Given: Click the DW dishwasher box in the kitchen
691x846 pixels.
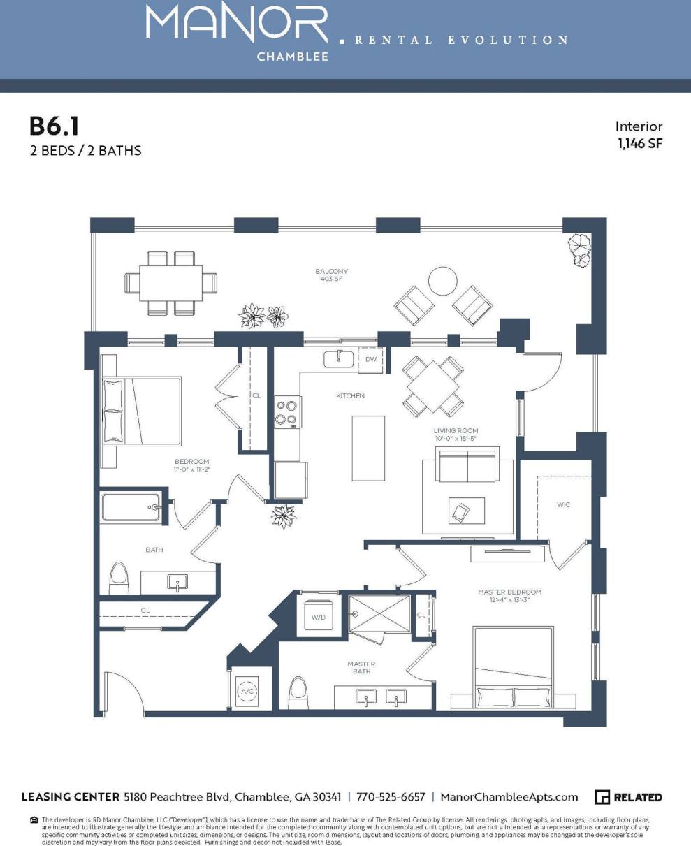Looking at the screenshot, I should [x=371, y=359].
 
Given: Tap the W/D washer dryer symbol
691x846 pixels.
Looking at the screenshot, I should [x=318, y=615].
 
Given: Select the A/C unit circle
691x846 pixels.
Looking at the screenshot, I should [x=247, y=692].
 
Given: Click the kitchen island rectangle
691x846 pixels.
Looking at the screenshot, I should [x=368, y=448].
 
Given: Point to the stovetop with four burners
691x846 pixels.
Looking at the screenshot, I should [x=287, y=411].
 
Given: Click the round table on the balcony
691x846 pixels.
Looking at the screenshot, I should [x=443, y=281].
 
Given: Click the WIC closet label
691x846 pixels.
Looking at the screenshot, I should [x=563, y=504].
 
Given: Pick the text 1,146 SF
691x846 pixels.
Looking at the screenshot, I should [x=639, y=144].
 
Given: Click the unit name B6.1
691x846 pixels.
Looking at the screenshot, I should [x=54, y=126].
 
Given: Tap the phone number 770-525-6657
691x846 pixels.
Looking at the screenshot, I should [x=391, y=797].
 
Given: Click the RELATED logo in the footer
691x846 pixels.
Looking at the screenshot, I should [x=628, y=797].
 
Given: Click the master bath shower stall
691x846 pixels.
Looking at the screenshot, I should [x=379, y=613].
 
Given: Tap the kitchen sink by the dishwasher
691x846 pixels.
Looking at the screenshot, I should [x=340, y=359].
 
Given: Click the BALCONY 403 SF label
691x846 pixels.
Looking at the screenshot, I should [x=331, y=275].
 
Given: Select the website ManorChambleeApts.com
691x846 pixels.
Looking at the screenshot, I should [x=509, y=797].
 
